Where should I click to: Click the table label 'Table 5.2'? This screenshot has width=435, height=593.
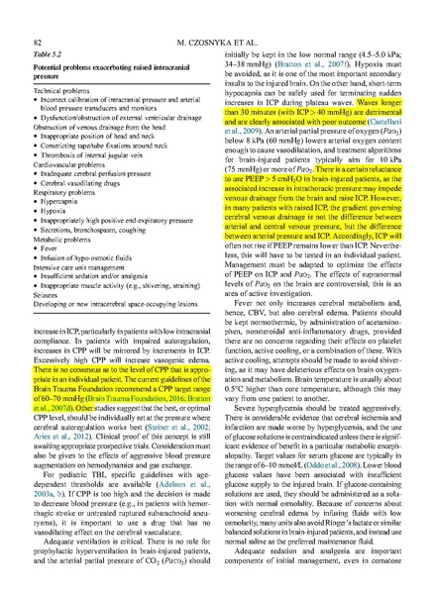(x=49, y=57)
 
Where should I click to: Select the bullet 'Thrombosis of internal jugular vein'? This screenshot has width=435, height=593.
(x=98, y=171)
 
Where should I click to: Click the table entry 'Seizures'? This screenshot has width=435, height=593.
(x=47, y=313)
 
